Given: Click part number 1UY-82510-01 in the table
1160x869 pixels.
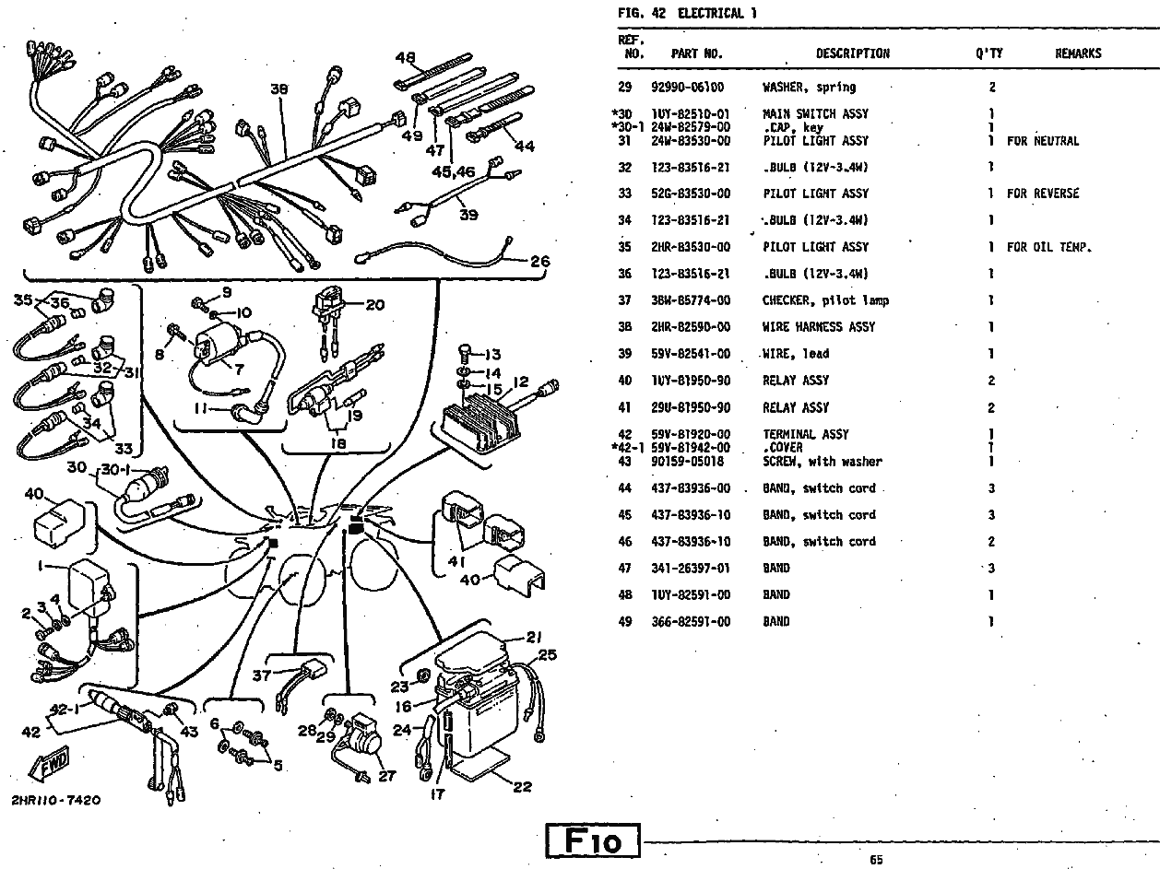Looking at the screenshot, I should pos(690,114).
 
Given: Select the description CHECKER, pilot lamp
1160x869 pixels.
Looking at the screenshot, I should pos(825,300).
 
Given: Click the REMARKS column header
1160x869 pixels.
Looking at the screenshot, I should pos(1077,53).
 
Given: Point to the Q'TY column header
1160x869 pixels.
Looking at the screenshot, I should pos(989,53).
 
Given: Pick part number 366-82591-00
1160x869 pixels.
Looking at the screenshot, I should pos(691,622).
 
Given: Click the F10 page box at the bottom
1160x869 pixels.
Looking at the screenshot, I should pos(593,840).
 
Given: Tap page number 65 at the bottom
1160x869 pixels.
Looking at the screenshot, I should pos(875,860).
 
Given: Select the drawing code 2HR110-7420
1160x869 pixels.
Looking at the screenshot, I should pos(56,800).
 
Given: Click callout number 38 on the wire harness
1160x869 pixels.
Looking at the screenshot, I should pos(279,89).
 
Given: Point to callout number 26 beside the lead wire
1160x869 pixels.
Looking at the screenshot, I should pos(539,261).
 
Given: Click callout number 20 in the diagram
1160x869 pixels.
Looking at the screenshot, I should pos(374,305).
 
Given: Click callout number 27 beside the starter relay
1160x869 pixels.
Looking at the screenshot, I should pos(386,776).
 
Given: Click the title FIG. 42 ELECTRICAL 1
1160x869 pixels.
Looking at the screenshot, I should pos(681,14).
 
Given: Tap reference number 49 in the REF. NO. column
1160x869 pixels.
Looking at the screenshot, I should pos(624,622).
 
